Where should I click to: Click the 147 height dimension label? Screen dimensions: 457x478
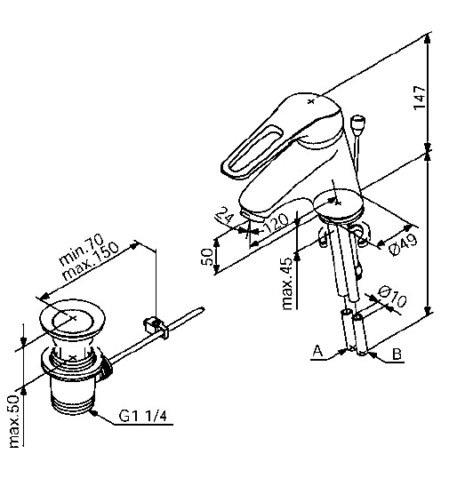point(420,97)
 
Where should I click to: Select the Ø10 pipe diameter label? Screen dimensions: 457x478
point(392,296)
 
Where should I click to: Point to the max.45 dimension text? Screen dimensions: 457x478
point(287,283)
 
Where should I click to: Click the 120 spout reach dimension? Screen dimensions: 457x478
point(276,222)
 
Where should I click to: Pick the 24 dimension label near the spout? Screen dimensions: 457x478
point(225,215)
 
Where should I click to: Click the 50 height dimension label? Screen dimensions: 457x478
point(208,257)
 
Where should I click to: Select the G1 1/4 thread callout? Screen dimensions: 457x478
point(143,416)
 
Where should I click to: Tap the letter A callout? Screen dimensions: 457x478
point(317,351)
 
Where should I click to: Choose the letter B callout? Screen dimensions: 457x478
point(397,355)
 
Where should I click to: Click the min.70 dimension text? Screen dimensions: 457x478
point(82,251)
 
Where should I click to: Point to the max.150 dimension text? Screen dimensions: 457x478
point(91,261)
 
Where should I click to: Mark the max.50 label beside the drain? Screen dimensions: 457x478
point(14,422)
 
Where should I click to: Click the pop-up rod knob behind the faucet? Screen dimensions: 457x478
point(359,123)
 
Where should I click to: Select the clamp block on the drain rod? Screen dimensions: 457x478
point(156,327)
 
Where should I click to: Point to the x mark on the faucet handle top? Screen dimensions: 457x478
point(310,101)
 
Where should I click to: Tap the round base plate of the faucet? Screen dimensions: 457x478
point(339,205)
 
